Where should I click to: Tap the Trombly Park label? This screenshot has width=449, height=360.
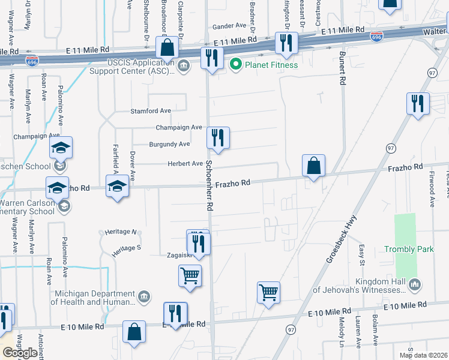click(x=409, y=248)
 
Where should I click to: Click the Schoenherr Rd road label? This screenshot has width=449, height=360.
click(x=209, y=185)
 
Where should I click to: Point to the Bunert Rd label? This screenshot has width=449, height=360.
click(x=342, y=68)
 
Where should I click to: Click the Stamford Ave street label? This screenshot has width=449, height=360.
click(x=151, y=111)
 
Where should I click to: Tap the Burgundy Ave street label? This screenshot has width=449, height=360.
click(x=169, y=144)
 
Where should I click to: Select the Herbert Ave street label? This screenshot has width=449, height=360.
click(x=184, y=163)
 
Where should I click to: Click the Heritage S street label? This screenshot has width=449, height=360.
click(x=127, y=247)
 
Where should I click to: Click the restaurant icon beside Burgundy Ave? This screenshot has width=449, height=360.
click(x=218, y=138)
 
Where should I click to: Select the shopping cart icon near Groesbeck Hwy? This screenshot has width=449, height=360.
click(x=268, y=293)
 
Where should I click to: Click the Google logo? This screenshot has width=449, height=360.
click(x=20, y=353)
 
